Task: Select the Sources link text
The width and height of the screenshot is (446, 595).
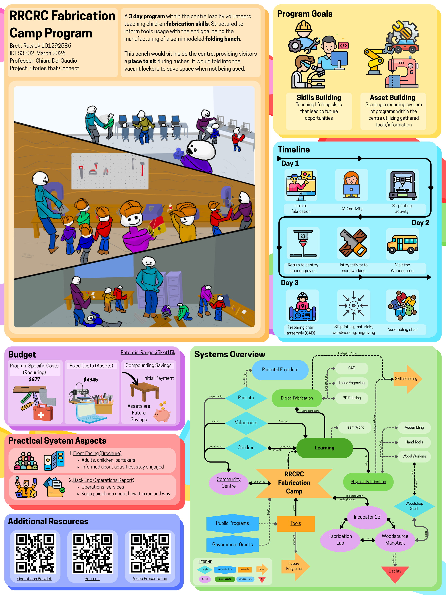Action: (x=92, y=579)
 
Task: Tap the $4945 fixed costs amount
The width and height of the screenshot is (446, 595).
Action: (x=91, y=380)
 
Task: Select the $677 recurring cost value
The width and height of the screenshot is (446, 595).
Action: (x=34, y=379)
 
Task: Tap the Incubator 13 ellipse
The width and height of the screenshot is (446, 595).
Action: (x=367, y=517)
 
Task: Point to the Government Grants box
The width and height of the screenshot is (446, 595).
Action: (x=232, y=545)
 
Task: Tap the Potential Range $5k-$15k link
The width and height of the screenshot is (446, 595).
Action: (x=148, y=352)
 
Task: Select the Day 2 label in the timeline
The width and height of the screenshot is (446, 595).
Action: (x=420, y=223)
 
